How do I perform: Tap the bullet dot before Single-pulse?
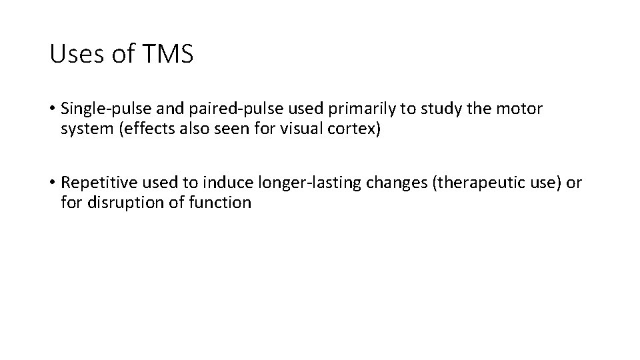pyautogui.click(x=52, y=109)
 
